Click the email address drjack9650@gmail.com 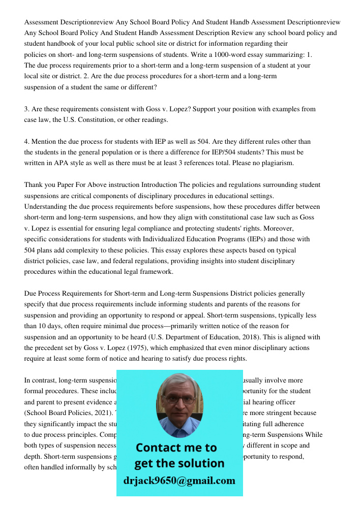(x=179, y=481)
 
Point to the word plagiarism (x=287, y=163)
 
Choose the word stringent (x=275, y=412)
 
